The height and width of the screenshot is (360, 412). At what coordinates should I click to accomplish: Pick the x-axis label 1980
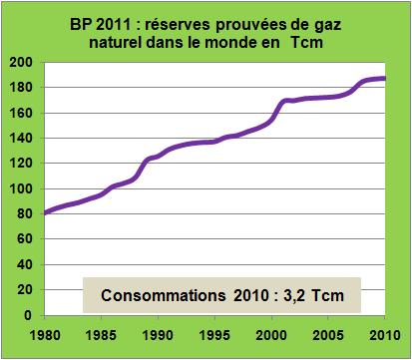click(46, 333)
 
